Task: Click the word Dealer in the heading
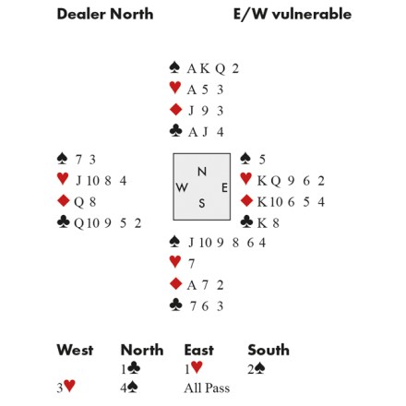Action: coord(82,14)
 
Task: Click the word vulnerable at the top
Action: coord(311,14)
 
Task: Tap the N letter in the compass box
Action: coord(202,172)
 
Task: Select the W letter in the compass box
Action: coord(182,187)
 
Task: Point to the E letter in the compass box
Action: coord(224,187)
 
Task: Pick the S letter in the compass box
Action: coord(202,203)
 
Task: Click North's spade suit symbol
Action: coord(174,67)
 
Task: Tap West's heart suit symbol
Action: coord(63,179)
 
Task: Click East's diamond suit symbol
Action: coord(246,200)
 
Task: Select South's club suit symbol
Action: coord(175,304)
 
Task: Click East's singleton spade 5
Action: coord(262,160)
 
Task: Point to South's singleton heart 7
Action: coord(191,264)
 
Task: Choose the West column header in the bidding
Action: coord(75,350)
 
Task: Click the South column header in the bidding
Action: coord(269,350)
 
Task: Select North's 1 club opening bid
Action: coord(131,369)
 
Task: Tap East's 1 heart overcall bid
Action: coord(194,368)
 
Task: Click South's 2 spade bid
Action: coord(257,368)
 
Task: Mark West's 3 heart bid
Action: coord(66,387)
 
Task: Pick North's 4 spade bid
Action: coord(129,388)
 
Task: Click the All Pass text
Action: coord(207,388)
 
